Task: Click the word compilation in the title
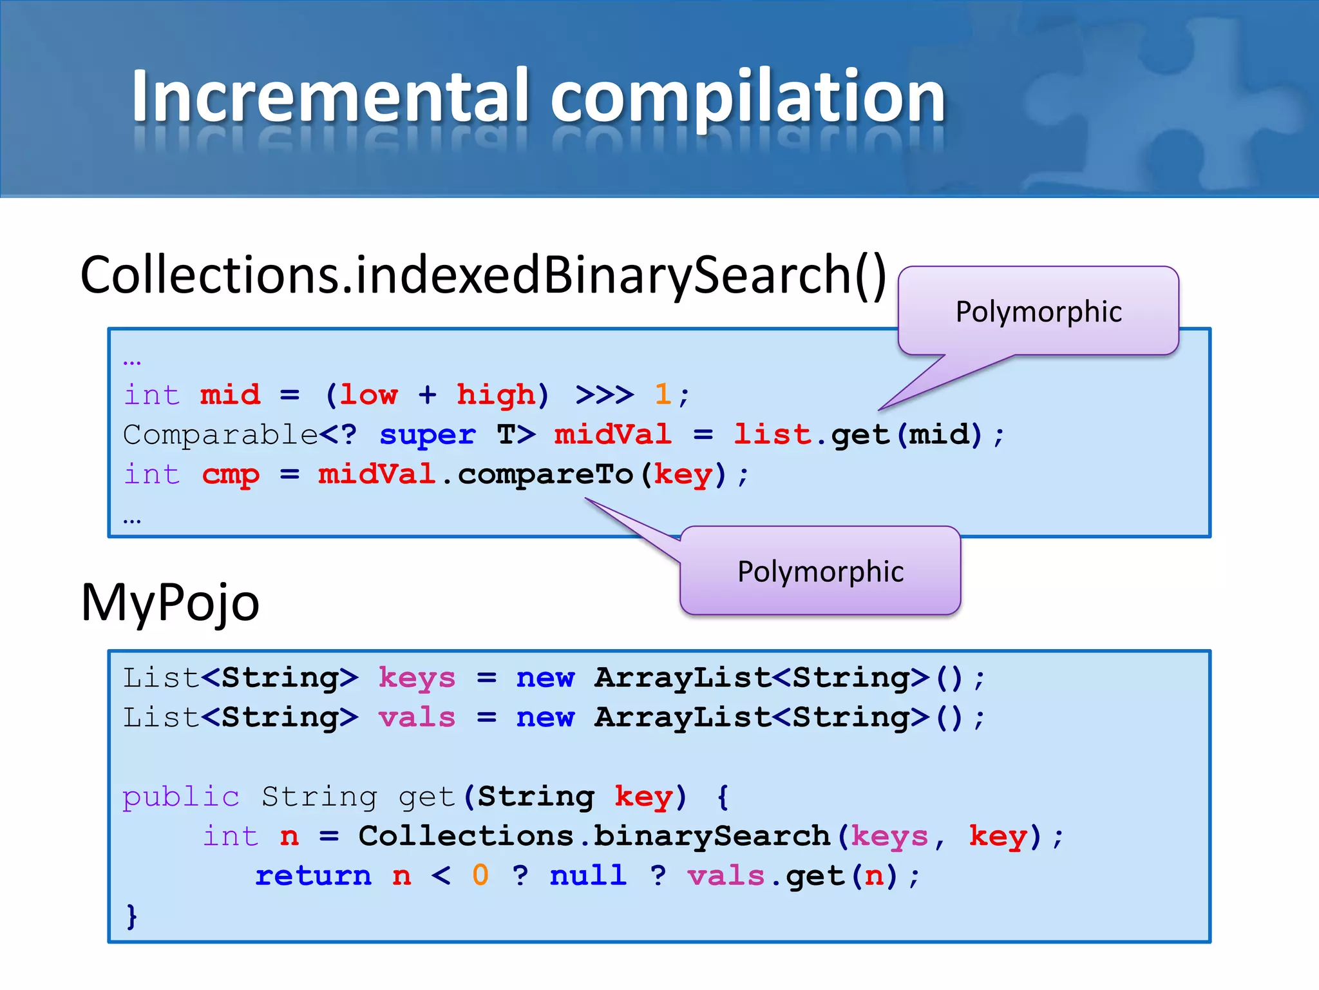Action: point(747,97)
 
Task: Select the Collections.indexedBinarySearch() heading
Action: point(483,276)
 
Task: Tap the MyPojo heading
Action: point(170,602)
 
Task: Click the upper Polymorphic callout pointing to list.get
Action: point(1038,311)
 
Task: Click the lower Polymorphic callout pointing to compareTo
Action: point(821,572)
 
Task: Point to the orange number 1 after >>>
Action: point(663,394)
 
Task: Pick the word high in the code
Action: point(495,394)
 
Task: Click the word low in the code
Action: point(369,394)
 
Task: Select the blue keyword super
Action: point(428,434)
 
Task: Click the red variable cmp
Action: point(231,474)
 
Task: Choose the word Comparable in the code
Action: point(220,434)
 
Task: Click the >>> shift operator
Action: point(604,394)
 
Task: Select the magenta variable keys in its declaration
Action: point(417,678)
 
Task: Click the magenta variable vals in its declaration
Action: point(417,717)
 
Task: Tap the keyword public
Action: point(181,797)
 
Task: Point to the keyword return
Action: point(314,876)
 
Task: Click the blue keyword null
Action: point(588,876)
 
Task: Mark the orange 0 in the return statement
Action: point(480,876)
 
